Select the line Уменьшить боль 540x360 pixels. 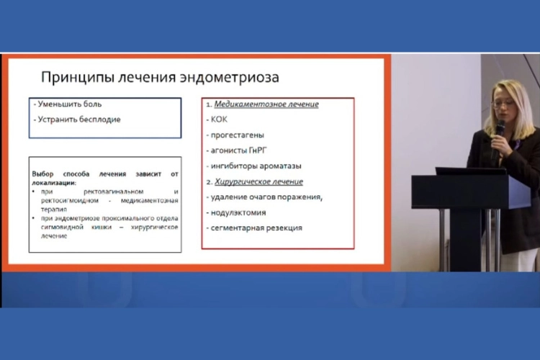[67, 104]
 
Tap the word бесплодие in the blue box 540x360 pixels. [98, 119]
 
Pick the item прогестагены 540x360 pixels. [237, 135]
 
